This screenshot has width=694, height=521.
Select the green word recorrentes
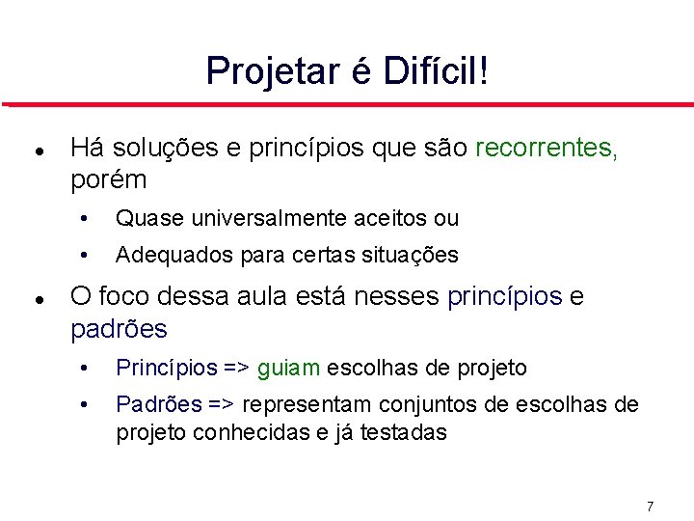pos(547,149)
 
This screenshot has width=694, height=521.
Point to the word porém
pos(109,180)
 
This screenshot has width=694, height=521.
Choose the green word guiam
pos(293,368)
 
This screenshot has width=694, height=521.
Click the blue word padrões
pos(119,330)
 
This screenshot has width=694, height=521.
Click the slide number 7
pos(650,507)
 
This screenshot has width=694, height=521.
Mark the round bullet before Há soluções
pos(36,151)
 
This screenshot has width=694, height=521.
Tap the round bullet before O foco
pos(36,300)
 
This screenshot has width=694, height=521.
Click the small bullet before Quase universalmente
pos(86,219)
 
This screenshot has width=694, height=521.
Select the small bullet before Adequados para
pos(86,257)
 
